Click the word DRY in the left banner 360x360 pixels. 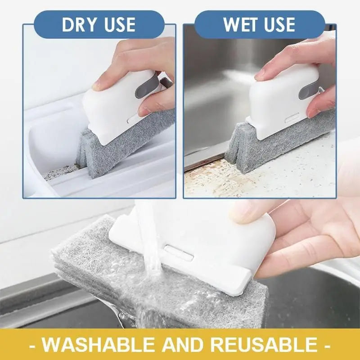tap(80, 25)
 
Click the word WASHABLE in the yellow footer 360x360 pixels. tap(104, 345)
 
